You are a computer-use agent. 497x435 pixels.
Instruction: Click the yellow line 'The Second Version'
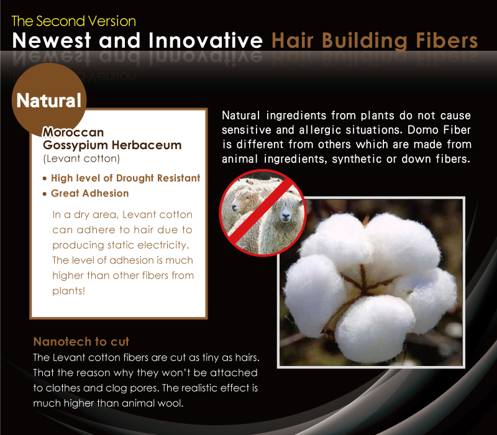tap(73, 21)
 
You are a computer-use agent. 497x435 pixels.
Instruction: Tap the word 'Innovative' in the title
tap(206, 40)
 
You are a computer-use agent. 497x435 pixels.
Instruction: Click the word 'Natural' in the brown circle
tap(49, 101)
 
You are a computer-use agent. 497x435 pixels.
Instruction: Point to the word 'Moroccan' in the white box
tap(73, 132)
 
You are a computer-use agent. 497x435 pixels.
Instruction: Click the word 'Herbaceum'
tap(147, 145)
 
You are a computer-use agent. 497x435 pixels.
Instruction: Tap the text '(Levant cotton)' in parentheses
tap(81, 158)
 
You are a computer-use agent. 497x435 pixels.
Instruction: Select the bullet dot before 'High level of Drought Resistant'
tap(45, 179)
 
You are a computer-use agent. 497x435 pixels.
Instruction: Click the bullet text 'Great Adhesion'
tap(89, 193)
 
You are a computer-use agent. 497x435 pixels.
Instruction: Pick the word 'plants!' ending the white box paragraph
tap(69, 291)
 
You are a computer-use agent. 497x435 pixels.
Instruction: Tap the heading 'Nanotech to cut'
tap(81, 341)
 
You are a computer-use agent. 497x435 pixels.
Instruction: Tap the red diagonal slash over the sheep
tap(262, 213)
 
